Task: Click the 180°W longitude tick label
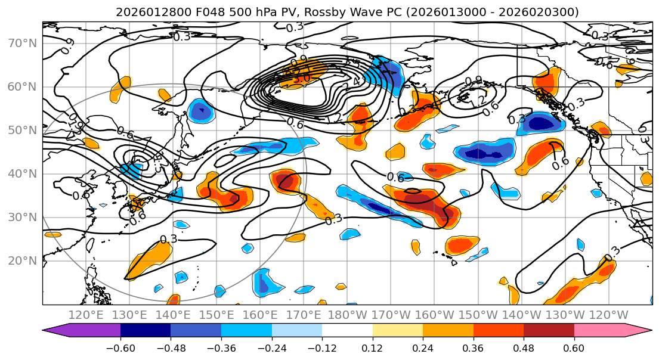tap(347, 315)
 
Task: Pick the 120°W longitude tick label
tap(608, 315)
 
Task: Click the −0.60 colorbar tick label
tap(120, 347)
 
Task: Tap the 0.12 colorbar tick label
tap(373, 347)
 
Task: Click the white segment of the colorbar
tap(347, 331)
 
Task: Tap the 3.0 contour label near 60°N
tap(301, 78)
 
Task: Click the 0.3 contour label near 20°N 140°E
tap(169, 239)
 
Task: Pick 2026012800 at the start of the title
tap(143, 12)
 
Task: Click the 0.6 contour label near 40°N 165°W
tap(395, 177)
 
